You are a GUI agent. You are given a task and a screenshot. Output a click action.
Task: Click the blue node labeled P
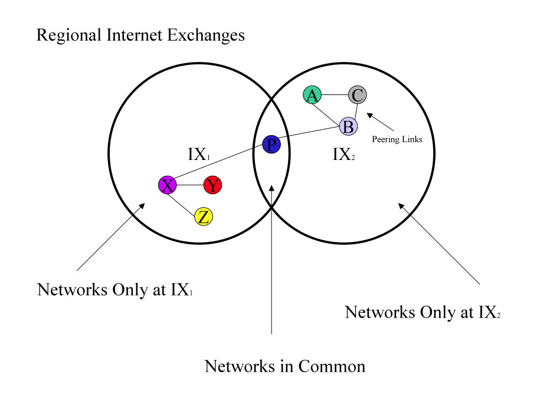[x=271, y=144]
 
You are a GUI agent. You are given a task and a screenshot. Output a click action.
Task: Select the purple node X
[x=168, y=185]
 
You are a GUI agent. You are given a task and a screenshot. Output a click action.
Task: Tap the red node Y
[x=212, y=185]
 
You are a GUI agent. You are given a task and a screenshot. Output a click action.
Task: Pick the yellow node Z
[x=204, y=217]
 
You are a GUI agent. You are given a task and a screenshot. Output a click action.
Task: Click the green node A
[x=312, y=94]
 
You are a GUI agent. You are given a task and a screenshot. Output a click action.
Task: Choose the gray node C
[x=357, y=94]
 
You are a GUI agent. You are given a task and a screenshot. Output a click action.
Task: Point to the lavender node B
[x=348, y=126]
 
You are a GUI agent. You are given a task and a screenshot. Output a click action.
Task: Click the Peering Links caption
[x=397, y=140]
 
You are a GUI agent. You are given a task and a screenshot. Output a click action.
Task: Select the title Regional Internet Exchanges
[x=140, y=35]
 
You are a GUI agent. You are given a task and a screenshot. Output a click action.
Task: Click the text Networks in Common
[x=284, y=366]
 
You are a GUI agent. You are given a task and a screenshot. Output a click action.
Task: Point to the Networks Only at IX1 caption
[x=116, y=290]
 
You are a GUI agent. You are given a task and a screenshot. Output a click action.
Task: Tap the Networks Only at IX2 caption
[x=423, y=312]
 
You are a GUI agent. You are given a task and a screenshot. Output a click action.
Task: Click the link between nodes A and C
[x=335, y=94]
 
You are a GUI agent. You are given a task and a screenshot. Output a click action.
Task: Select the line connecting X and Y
[x=190, y=185]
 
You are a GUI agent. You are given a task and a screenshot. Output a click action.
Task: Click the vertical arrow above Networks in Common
[x=271, y=260]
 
